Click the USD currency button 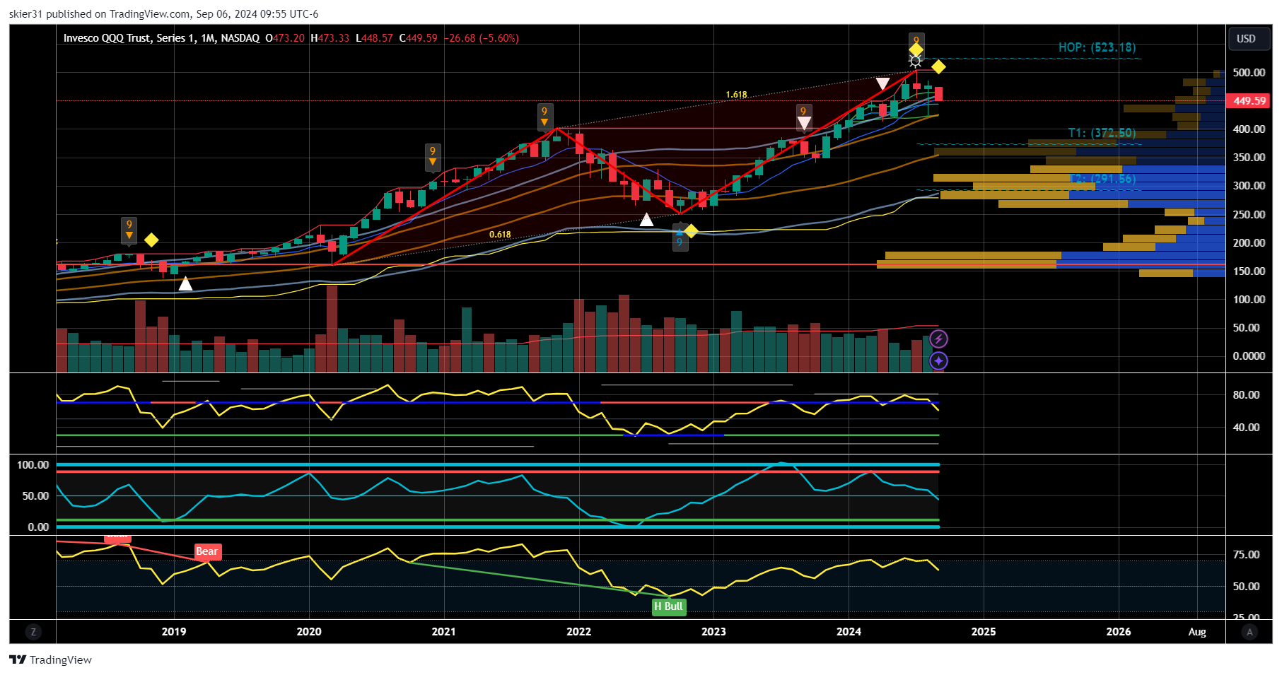pyautogui.click(x=1246, y=39)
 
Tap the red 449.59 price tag pyautogui.click(x=1249, y=101)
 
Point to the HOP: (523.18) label pyautogui.click(x=1097, y=47)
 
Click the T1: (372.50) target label pyautogui.click(x=1102, y=133)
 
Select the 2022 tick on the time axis pyautogui.click(x=578, y=632)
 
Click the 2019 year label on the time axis pyautogui.click(x=174, y=632)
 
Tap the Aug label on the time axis pyautogui.click(x=1197, y=632)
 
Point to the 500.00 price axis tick pyautogui.click(x=1249, y=73)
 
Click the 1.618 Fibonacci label pyautogui.click(x=736, y=95)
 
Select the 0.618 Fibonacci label pyautogui.click(x=500, y=235)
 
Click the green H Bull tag pyautogui.click(x=668, y=606)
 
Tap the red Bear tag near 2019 pyautogui.click(x=207, y=551)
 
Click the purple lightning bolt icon pyautogui.click(x=938, y=339)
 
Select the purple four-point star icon pyautogui.click(x=938, y=361)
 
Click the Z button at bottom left pyautogui.click(x=33, y=632)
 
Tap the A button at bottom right pyautogui.click(x=1249, y=632)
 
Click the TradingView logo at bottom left pyautogui.click(x=51, y=659)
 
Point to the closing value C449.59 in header pyautogui.click(x=419, y=38)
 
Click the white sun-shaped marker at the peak pyautogui.click(x=916, y=61)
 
